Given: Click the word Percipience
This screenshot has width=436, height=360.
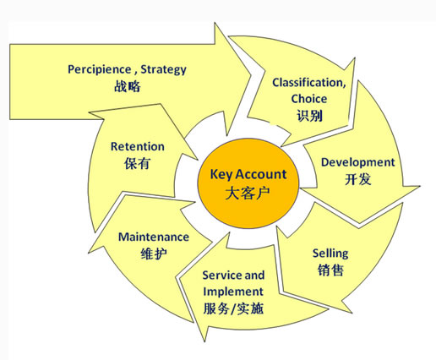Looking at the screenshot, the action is (100, 69).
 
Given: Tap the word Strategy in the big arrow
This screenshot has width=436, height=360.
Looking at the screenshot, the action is (163, 70).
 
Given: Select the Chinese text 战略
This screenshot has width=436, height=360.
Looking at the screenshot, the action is (128, 86).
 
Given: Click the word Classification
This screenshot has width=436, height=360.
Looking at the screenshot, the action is (309, 83).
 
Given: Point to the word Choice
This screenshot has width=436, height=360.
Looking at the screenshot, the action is (309, 99).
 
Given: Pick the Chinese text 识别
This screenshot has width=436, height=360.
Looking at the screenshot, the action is (309, 115).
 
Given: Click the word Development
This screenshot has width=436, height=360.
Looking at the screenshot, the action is (358, 162).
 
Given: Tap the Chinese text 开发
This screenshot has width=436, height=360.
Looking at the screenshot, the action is (358, 179).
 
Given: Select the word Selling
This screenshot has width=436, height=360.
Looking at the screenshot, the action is (330, 254).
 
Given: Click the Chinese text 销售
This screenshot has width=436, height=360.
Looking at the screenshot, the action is (330, 270).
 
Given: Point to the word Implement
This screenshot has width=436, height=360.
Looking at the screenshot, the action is (233, 292).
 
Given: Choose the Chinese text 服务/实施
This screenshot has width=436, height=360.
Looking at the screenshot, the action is (233, 308).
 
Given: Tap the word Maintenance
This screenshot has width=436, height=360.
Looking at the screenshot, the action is (154, 237).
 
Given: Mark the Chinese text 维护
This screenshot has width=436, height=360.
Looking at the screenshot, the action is (154, 254).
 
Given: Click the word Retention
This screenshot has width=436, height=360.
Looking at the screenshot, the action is (138, 146).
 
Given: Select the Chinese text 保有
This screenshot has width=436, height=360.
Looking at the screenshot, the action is (137, 163).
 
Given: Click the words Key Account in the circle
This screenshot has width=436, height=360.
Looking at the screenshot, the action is (248, 174).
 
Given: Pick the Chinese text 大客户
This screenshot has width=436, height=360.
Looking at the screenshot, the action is (248, 193).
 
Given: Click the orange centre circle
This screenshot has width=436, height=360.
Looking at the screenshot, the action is (248, 183).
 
